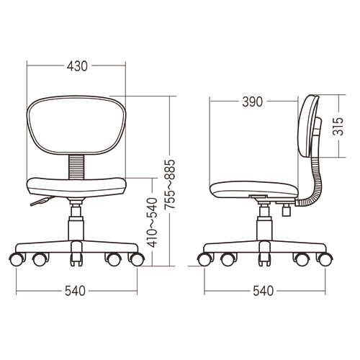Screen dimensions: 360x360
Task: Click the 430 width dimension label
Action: [x=77, y=66]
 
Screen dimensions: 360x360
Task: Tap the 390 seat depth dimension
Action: [x=252, y=102]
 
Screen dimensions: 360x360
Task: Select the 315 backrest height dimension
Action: [x=338, y=126]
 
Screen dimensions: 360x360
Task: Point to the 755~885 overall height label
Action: [x=170, y=184]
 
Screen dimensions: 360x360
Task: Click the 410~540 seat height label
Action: [x=152, y=222]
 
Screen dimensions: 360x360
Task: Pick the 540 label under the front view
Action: [x=75, y=291]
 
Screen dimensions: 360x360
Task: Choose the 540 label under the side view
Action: [x=264, y=291]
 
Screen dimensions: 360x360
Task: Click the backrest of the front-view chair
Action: [x=76, y=125]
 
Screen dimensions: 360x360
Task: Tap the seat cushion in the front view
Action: [x=76, y=187]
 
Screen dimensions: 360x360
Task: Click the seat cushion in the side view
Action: [x=254, y=189]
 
